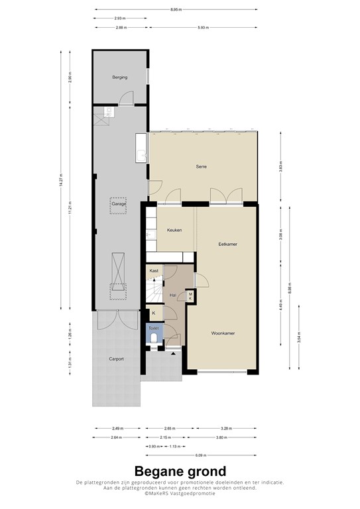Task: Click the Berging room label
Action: tap(119, 78)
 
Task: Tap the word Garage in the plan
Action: tap(119, 204)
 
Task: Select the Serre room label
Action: tap(202, 166)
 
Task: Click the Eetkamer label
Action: tap(227, 244)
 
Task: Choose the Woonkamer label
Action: tap(224, 333)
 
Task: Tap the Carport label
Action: tap(116, 359)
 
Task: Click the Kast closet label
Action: tap(154, 271)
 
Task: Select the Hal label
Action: tap(172, 295)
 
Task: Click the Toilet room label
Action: tap(154, 328)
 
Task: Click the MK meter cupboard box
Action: tap(190, 296)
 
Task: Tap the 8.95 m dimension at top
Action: tap(175, 9)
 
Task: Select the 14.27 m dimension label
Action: tap(60, 179)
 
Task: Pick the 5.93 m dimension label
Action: tap(203, 27)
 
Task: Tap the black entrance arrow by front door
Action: tap(173, 353)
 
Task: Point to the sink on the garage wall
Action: tap(141, 148)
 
